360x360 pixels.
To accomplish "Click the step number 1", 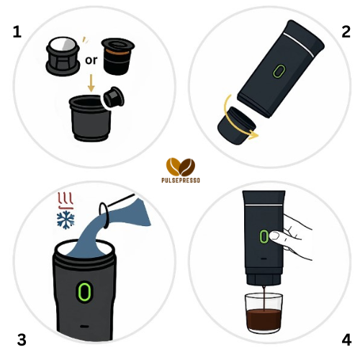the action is pos(17,32).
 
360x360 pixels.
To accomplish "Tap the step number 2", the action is pos(346,32).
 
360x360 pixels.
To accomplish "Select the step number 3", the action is pos(22,340).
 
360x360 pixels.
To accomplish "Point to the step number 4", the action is pos(346,340).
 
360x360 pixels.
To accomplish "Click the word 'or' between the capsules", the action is pos(91,60).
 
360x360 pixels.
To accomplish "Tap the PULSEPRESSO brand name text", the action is pos(181,180).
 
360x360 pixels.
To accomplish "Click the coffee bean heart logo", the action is pos(181,167).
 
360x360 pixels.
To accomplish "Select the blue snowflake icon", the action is pos(66,220).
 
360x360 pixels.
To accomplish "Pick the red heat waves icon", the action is pos(66,201).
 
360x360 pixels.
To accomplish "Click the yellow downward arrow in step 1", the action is pos(91,83).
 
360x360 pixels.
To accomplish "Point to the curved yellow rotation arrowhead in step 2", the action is pos(253,135).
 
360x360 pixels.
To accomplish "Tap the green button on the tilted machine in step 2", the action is pos(279,71).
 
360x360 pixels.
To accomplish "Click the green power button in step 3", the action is pos(84,292).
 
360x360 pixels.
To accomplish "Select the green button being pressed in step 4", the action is pos(264,236).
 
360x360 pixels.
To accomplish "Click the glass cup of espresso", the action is pos(264,313).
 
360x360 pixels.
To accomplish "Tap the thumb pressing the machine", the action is pos(279,236).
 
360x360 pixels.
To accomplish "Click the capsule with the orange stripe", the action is pos(117,56).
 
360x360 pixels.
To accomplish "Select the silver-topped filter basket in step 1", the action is pos(63,56).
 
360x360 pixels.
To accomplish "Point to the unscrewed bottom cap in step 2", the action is pos(236,125).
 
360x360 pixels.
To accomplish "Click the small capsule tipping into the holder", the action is pos(114,97).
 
